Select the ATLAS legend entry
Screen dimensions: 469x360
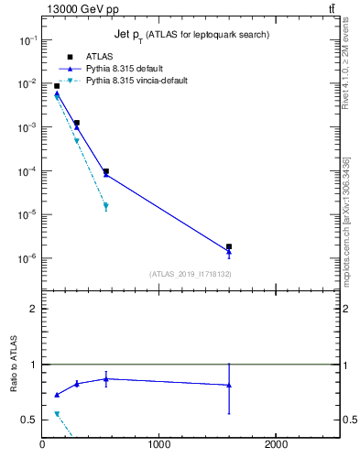111,56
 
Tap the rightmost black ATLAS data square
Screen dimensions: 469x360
229,246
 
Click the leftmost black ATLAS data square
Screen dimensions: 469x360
57,86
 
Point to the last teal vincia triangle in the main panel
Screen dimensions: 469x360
106,207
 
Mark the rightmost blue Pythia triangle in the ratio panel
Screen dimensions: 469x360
229,385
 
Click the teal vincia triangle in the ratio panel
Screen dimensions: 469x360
57,414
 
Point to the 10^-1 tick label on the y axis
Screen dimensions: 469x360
27,40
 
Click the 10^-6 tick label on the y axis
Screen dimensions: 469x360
27,258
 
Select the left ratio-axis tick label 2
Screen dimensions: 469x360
33,309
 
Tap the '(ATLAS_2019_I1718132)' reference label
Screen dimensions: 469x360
190,274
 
